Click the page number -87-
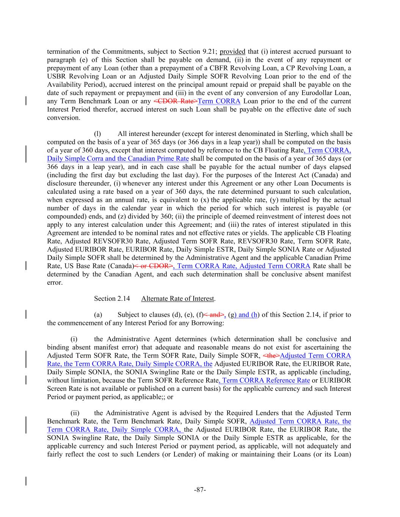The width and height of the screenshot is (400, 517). pyautogui.click(x=200, y=490)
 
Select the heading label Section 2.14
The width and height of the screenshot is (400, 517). pyautogui.click(x=112, y=298)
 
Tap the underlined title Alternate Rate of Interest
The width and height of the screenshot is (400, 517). pyautogui.click(x=177, y=298)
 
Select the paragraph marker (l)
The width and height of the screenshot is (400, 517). pyautogui.click(x=97, y=134)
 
